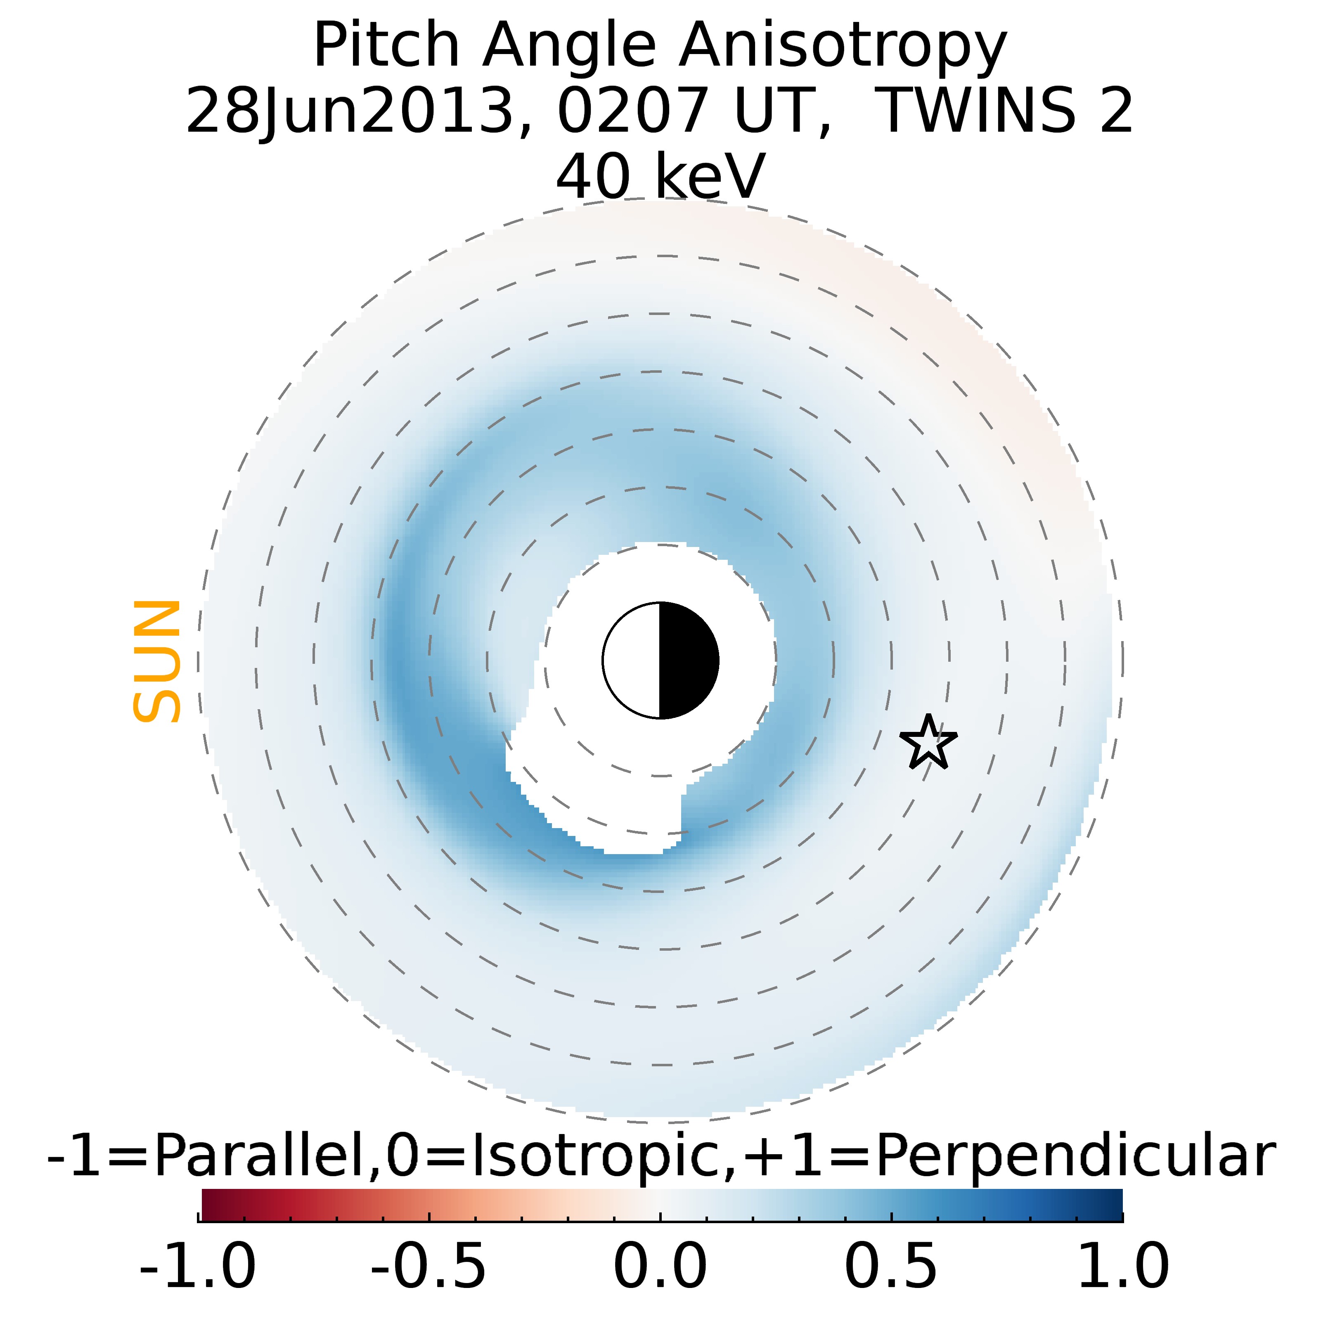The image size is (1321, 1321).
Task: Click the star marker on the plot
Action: click(928, 743)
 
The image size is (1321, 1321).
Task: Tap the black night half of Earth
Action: click(687, 660)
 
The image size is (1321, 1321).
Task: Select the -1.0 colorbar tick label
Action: click(198, 1266)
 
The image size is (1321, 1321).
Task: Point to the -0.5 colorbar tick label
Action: click(429, 1266)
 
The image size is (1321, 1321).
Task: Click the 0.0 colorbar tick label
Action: click(660, 1266)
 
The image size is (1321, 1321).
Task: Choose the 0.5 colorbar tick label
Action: click(891, 1266)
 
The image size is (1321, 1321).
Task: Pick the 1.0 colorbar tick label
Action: click(1122, 1266)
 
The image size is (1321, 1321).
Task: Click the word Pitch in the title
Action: click(386, 47)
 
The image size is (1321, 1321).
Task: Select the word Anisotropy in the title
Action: click(843, 47)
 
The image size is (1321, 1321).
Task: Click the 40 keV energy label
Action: click(660, 176)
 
